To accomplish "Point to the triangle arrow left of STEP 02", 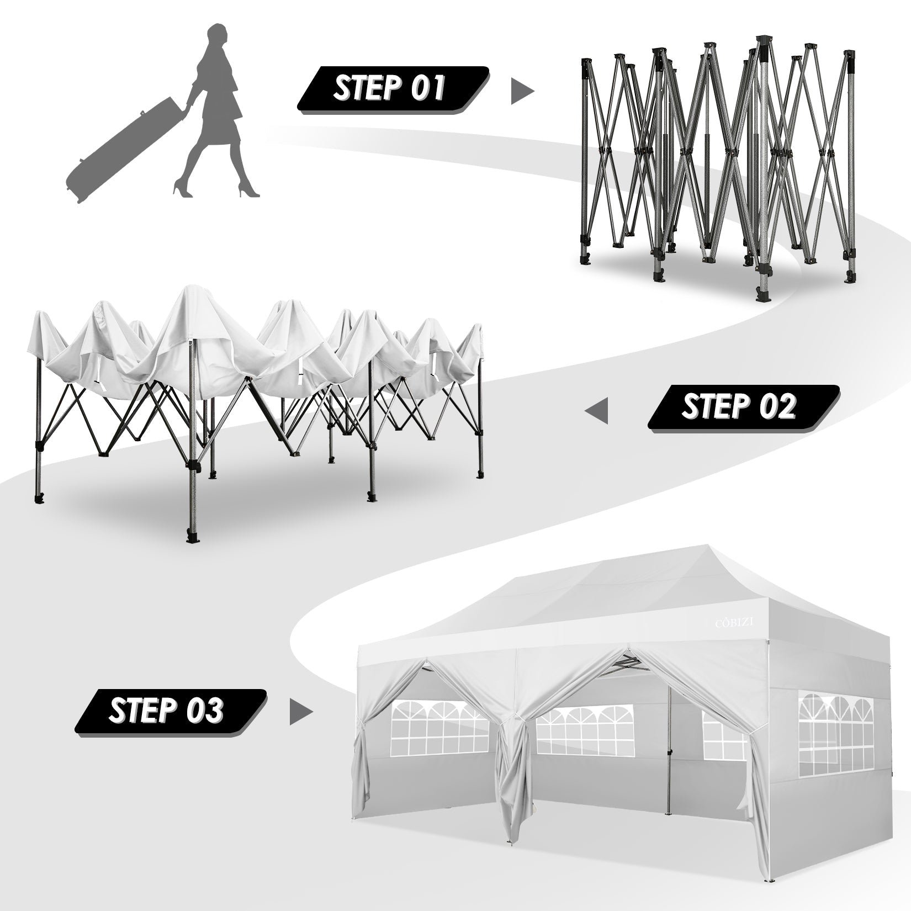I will tap(597, 411).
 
